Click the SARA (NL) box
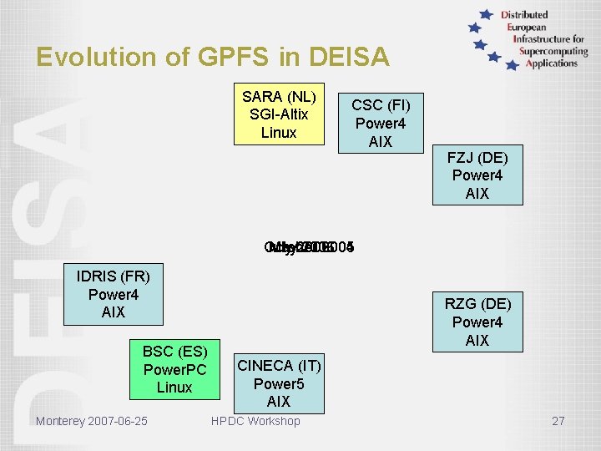click(x=279, y=114)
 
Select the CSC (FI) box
click(x=381, y=123)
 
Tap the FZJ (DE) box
click(x=477, y=175)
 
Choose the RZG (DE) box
click(x=477, y=322)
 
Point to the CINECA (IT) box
click(x=278, y=383)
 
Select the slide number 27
click(x=558, y=421)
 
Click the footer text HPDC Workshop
click(x=255, y=421)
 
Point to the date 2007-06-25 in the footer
click(x=117, y=421)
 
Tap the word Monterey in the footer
click(x=59, y=421)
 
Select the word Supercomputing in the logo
click(x=552, y=51)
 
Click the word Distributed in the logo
click(x=524, y=15)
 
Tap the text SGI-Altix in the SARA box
click(x=279, y=114)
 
